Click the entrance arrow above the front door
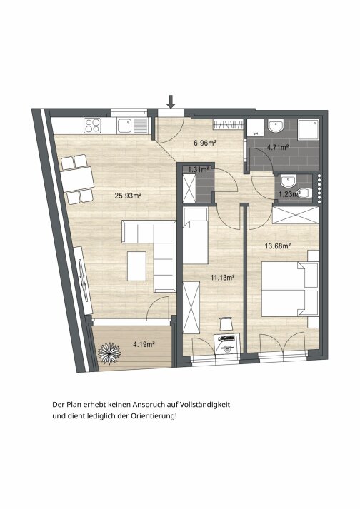[171, 101]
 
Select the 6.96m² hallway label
[205, 143]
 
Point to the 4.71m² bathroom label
[278, 147]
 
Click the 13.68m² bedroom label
[277, 246]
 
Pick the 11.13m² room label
[223, 278]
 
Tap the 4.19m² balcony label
[144, 344]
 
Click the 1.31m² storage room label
[198, 169]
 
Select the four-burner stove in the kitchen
[92, 126]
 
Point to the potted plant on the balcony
[109, 353]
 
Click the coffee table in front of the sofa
[137, 266]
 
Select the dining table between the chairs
[77, 179]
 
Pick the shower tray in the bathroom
[309, 129]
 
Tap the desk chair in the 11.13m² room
[226, 323]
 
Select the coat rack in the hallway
[228, 124]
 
